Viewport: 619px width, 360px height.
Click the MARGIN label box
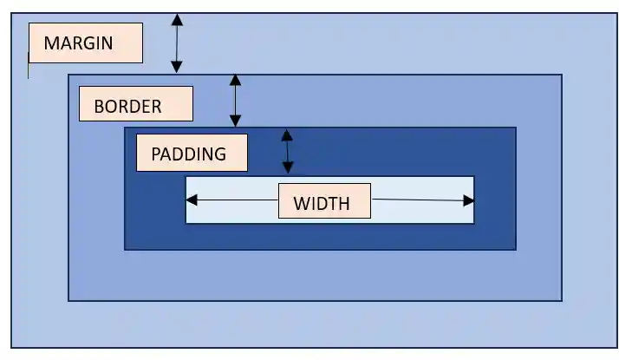(85, 43)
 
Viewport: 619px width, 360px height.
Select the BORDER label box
(135, 104)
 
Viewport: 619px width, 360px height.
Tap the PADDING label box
(192, 153)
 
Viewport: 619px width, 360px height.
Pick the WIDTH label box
(324, 201)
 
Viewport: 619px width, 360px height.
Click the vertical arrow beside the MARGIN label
(177, 43)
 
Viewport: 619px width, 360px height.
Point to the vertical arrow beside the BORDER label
(235, 101)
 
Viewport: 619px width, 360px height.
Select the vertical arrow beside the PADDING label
(288, 152)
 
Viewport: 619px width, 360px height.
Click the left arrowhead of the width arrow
(192, 200)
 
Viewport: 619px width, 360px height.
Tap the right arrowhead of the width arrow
(469, 201)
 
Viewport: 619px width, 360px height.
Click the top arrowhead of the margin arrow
(177, 19)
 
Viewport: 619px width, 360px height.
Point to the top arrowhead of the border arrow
(235, 80)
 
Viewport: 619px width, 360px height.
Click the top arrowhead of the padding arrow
(287, 135)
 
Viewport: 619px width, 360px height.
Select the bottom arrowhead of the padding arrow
(289, 168)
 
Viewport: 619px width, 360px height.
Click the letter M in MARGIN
(51, 43)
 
